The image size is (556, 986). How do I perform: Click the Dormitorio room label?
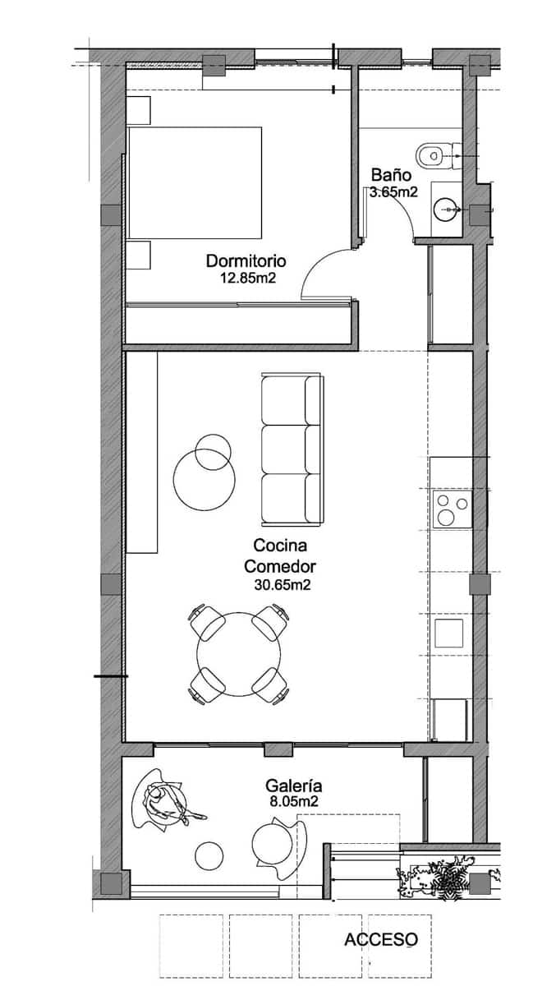pyautogui.click(x=246, y=261)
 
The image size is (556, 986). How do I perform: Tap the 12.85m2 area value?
pyautogui.click(x=246, y=279)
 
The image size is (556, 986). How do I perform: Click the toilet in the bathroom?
pyautogui.click(x=435, y=153)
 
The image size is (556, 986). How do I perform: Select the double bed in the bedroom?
pyautogui.click(x=195, y=182)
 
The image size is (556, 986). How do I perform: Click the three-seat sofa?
pyautogui.click(x=292, y=449)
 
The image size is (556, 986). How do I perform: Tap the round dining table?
pyautogui.click(x=238, y=654)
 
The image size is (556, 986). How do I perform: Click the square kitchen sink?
pyautogui.click(x=449, y=634)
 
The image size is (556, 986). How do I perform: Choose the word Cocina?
pyautogui.click(x=281, y=545)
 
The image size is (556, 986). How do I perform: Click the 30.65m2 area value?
pyautogui.click(x=283, y=585)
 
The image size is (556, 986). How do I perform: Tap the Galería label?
pyautogui.click(x=292, y=785)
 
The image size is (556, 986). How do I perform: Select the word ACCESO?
pyautogui.click(x=380, y=939)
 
